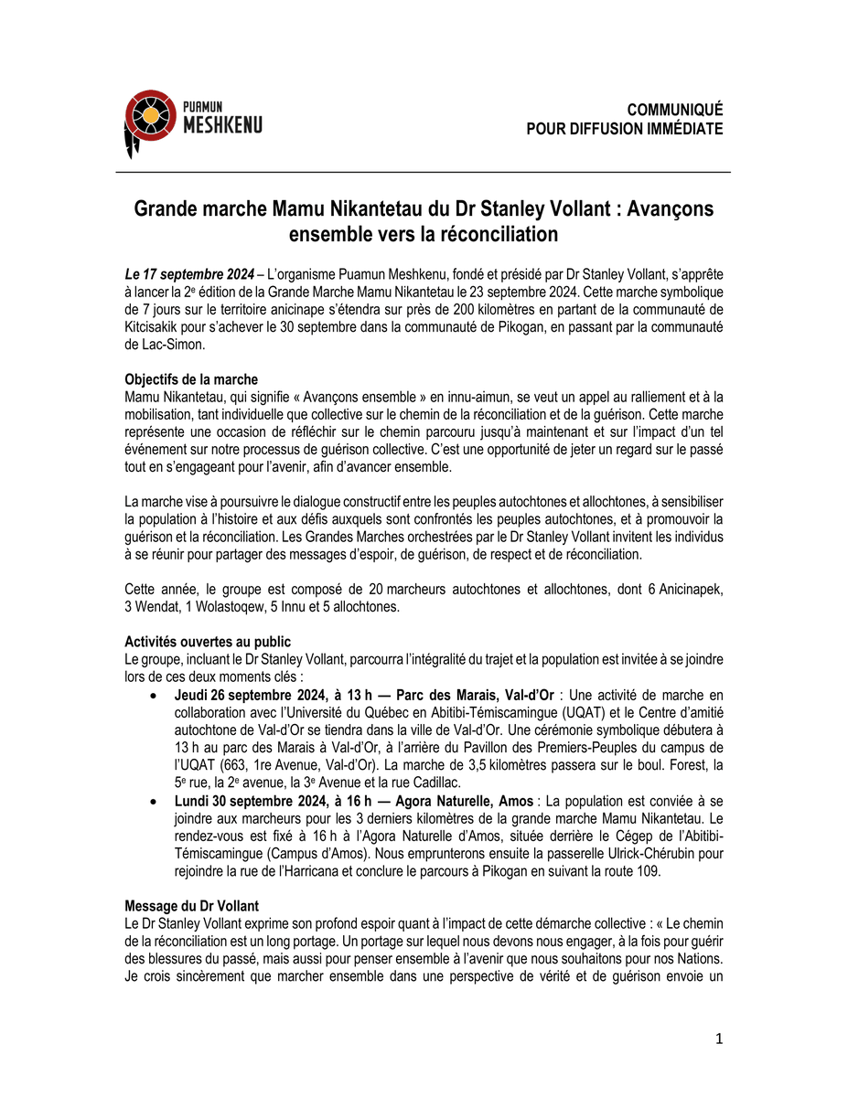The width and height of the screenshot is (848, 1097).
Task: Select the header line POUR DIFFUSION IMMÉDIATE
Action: pos(624,129)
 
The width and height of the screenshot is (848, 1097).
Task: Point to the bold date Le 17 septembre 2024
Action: pos(188,274)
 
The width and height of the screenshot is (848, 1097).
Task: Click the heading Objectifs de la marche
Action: pos(190,379)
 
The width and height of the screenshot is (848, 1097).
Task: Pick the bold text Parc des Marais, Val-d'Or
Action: pos(476,696)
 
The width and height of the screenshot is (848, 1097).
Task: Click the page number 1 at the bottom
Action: pos(719,1038)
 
